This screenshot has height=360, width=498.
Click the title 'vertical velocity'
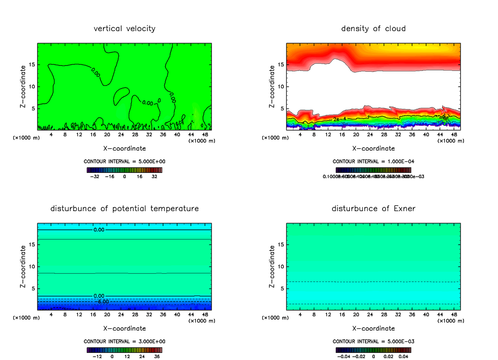[124, 29]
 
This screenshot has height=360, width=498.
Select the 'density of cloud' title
[373, 29]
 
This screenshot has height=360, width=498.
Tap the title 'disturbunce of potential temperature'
[124, 208]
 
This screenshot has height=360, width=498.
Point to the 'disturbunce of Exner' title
[373, 208]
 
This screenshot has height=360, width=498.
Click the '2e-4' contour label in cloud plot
[339, 119]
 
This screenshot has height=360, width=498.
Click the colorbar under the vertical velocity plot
[124, 170]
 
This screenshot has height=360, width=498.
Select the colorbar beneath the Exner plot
[373, 350]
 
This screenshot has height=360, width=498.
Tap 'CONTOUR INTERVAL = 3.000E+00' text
[124, 341]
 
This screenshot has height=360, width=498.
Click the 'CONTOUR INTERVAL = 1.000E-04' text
[373, 162]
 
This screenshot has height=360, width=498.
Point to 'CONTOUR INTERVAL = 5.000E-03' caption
[373, 341]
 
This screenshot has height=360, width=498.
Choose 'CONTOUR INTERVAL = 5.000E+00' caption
[124, 162]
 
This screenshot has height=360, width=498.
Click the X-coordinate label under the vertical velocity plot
[124, 148]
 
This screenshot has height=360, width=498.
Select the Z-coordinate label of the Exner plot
[272, 266]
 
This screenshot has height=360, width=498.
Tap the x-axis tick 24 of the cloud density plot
[370, 135]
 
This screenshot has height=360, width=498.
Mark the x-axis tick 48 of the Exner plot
[454, 314]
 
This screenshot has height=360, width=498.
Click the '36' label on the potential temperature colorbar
[157, 356]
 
